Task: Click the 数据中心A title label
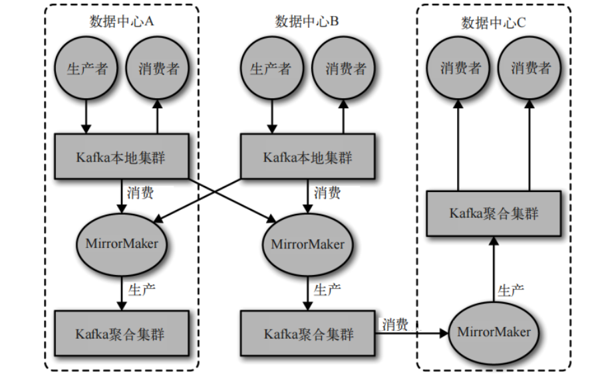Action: point(122,22)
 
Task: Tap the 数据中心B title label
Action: point(307,22)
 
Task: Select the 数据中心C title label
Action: point(494,22)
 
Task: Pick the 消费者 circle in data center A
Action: point(158,68)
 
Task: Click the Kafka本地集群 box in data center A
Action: point(122,157)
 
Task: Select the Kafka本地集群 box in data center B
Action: point(307,157)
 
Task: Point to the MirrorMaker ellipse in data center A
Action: point(122,243)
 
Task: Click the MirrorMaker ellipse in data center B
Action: point(307,244)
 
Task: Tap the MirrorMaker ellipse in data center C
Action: point(494,331)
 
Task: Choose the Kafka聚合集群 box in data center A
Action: point(122,333)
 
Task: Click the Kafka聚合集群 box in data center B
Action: point(307,333)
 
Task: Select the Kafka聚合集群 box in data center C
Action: point(494,213)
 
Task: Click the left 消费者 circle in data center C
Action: point(458,68)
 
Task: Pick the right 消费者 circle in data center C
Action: point(531,68)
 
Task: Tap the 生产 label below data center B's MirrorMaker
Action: point(327,290)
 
